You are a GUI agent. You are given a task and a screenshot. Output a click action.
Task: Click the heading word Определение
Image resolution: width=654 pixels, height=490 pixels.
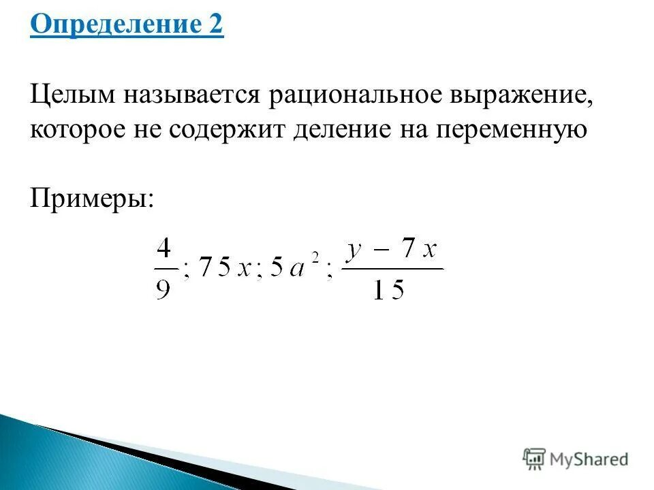point(112,27)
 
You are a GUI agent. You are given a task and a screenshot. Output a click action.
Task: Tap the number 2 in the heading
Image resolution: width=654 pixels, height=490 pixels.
point(215,27)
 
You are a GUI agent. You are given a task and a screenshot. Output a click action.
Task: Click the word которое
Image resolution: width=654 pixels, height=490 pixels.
point(80,129)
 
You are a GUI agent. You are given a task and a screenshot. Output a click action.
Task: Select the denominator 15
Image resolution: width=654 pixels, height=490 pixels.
point(390,290)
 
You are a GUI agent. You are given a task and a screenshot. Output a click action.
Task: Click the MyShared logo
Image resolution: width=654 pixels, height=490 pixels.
point(576,458)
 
